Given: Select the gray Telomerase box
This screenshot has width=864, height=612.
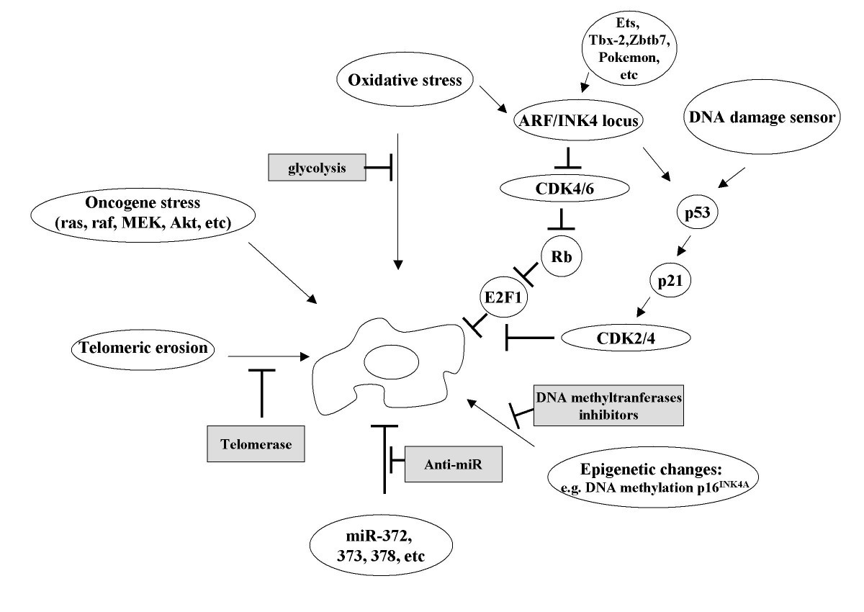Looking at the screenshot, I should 257,444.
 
